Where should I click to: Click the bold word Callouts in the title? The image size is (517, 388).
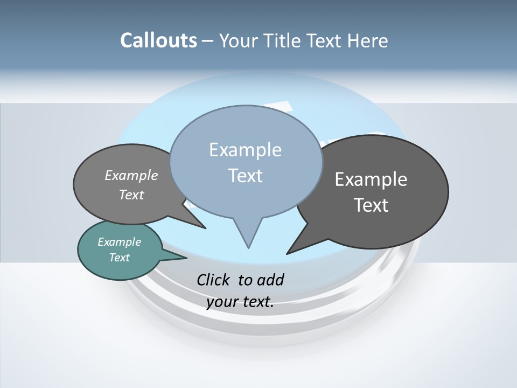[158, 40]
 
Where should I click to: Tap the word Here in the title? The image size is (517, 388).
[367, 40]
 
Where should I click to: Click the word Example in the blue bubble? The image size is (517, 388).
[245, 150]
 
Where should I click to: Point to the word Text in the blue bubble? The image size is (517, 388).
[245, 176]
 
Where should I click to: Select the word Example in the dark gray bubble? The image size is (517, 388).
[371, 179]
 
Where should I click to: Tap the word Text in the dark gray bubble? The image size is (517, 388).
[371, 205]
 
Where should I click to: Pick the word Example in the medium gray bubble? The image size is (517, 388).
[131, 175]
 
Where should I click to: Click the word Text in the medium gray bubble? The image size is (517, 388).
[131, 195]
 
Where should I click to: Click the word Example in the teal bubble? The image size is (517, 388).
[119, 242]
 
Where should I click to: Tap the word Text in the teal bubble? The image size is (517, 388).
[119, 258]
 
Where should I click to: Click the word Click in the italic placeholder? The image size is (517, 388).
[215, 280]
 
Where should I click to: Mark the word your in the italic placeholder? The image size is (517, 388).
[222, 302]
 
